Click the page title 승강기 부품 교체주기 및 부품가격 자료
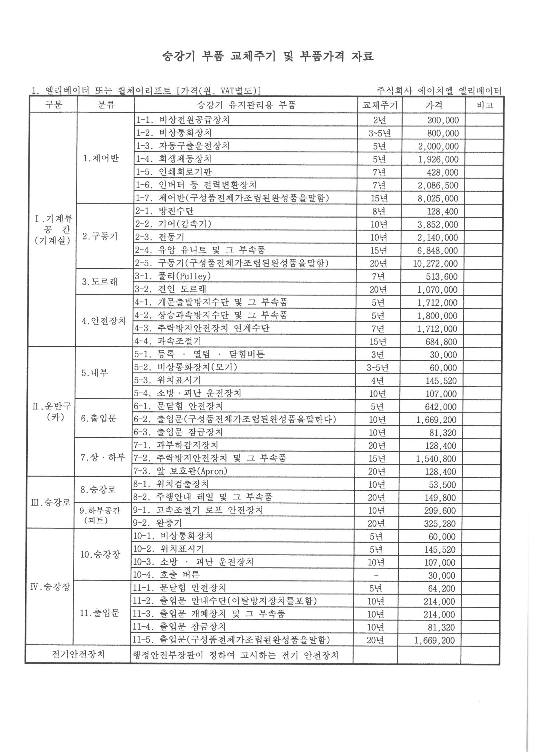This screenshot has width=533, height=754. pos(268,56)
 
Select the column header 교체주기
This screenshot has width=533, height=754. pos(380,105)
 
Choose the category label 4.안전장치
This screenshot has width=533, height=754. pos(104,321)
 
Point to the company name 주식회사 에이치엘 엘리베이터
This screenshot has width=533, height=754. pos(439,91)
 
